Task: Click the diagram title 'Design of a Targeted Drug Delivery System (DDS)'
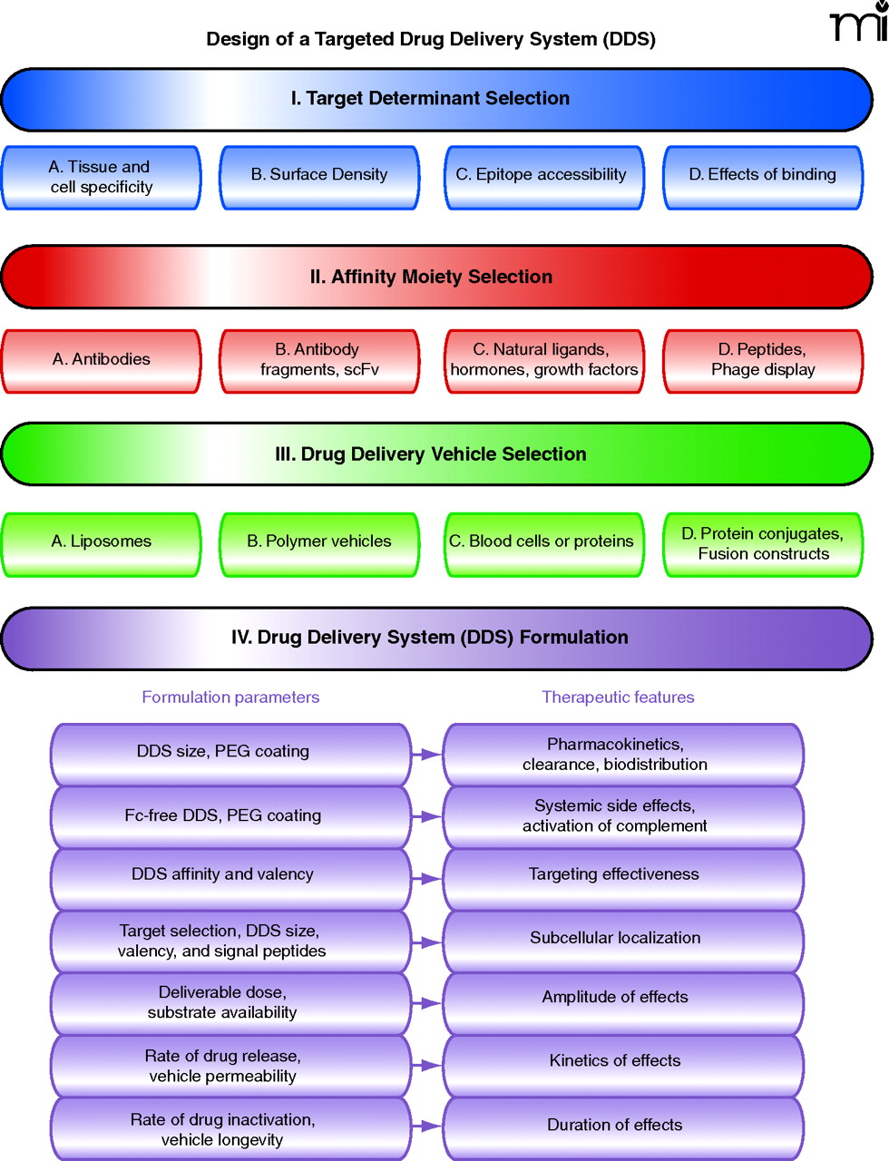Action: point(431,39)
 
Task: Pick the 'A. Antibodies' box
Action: point(102,360)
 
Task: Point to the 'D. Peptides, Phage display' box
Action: point(763,360)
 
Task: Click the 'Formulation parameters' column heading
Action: point(230,698)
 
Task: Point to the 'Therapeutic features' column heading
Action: point(618,698)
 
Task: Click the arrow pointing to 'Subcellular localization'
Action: point(426,942)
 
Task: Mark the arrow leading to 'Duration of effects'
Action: point(426,1127)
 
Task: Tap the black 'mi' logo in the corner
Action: point(858,22)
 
